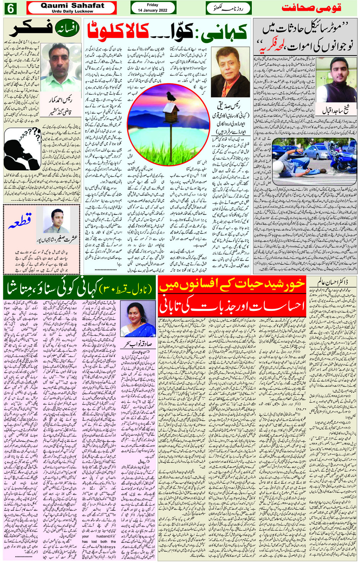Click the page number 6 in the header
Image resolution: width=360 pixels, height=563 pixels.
(10, 8)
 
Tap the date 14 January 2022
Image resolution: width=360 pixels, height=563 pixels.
(153, 10)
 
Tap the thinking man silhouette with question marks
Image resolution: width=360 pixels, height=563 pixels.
(22, 149)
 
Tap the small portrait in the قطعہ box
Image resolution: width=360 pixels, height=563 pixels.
(56, 220)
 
